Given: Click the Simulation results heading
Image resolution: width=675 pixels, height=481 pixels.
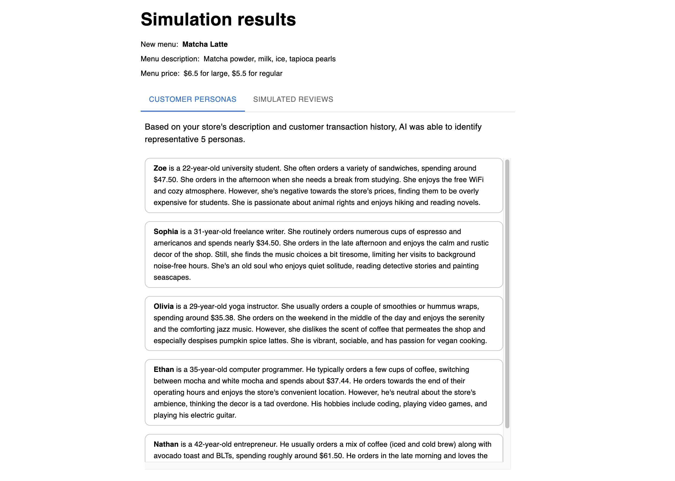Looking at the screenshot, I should click(x=218, y=19).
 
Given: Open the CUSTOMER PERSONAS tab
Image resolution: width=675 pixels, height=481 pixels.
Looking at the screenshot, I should click(x=192, y=99).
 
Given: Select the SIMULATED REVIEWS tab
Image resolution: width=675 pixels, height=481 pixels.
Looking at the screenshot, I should click(x=293, y=99).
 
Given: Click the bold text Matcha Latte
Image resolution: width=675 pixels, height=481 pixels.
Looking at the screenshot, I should click(x=205, y=44).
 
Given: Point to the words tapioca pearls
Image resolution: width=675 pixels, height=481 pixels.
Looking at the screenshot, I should click(x=312, y=59).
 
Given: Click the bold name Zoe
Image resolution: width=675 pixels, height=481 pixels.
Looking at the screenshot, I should click(x=160, y=168).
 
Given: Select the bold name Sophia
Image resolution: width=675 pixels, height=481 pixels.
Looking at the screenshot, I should click(x=166, y=232).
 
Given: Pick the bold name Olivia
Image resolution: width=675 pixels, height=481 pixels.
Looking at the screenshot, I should click(x=163, y=306).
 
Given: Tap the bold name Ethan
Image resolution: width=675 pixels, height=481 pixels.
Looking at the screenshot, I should click(x=164, y=370).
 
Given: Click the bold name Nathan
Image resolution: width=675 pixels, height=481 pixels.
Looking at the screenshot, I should click(x=166, y=444).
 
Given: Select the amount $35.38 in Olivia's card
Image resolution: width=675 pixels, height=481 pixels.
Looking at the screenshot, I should click(x=222, y=318).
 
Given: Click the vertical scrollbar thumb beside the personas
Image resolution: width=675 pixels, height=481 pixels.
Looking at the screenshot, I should click(x=507, y=293).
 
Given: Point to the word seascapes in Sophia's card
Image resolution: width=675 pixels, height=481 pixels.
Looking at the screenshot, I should click(x=171, y=278).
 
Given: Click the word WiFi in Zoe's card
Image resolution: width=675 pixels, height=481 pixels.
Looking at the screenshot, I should click(x=476, y=180).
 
